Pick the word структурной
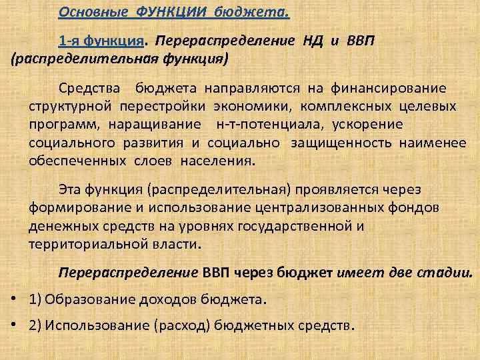click(x=71, y=107)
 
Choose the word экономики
click(x=255, y=107)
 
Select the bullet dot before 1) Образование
click(x=15, y=299)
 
